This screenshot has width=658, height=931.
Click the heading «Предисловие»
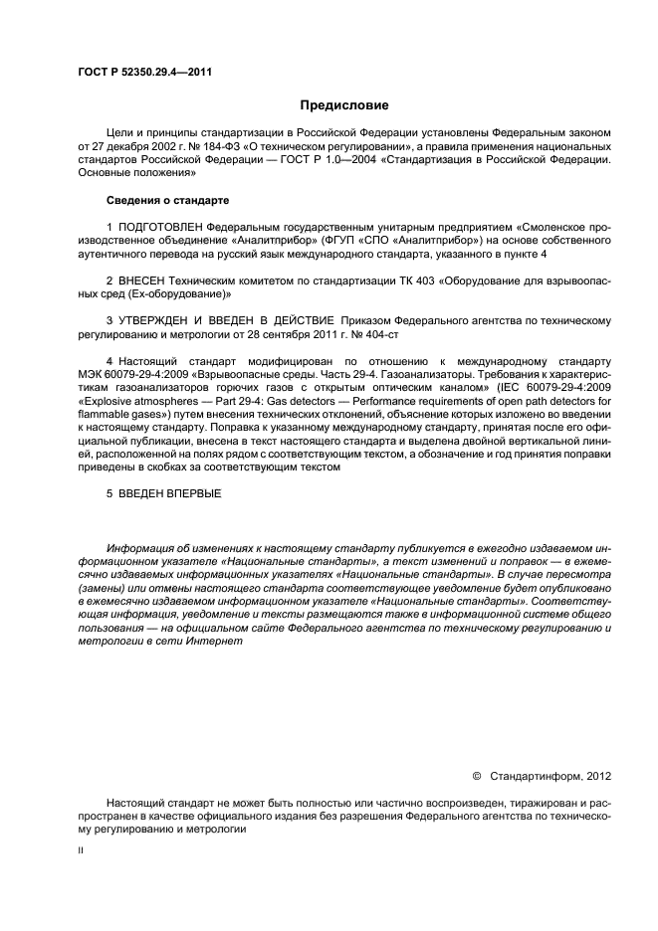pyautogui.click(x=345, y=104)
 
